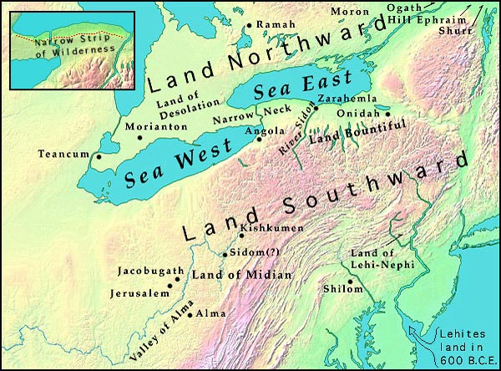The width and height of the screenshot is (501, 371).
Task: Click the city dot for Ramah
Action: tap(249, 26)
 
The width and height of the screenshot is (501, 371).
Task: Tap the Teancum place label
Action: tap(63, 154)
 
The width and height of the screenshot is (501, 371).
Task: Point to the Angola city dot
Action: tap(260, 140)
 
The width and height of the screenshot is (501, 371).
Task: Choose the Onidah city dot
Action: tap(387, 114)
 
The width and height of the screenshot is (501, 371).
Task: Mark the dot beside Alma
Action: tap(190, 314)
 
